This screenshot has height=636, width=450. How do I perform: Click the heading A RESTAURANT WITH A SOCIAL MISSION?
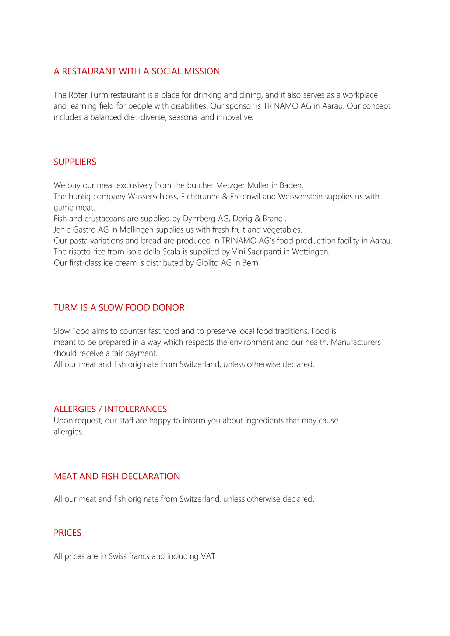(x=137, y=71)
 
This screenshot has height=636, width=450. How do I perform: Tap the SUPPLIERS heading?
(x=75, y=162)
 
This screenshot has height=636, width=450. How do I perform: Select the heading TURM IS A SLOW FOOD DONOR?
(x=119, y=307)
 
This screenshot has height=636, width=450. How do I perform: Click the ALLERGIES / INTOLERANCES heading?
(x=110, y=409)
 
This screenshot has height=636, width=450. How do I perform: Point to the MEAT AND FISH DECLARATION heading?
(x=117, y=476)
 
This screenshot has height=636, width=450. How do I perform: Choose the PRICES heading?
(x=67, y=533)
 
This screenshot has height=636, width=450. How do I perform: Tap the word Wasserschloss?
(x=153, y=197)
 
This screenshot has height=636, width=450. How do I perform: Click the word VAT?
(x=208, y=556)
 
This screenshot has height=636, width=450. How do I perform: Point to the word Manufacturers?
(x=356, y=342)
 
